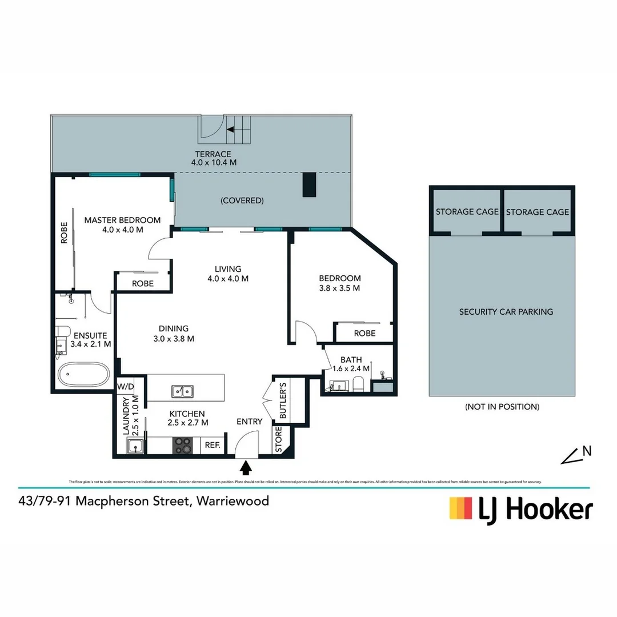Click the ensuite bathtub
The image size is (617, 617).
click(x=83, y=376)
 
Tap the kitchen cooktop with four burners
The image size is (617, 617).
click(x=182, y=445)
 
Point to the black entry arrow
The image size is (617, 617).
click(x=246, y=468)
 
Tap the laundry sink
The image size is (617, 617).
click(x=135, y=446)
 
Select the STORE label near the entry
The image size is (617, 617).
click(x=279, y=440)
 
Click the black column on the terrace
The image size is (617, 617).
click(x=309, y=185)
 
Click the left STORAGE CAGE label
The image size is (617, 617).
click(x=467, y=211)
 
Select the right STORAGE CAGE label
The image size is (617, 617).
click(x=537, y=211)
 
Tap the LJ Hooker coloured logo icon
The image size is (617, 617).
click(x=461, y=508)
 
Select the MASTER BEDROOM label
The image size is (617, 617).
click(x=122, y=220)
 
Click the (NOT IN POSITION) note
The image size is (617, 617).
click(x=502, y=407)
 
